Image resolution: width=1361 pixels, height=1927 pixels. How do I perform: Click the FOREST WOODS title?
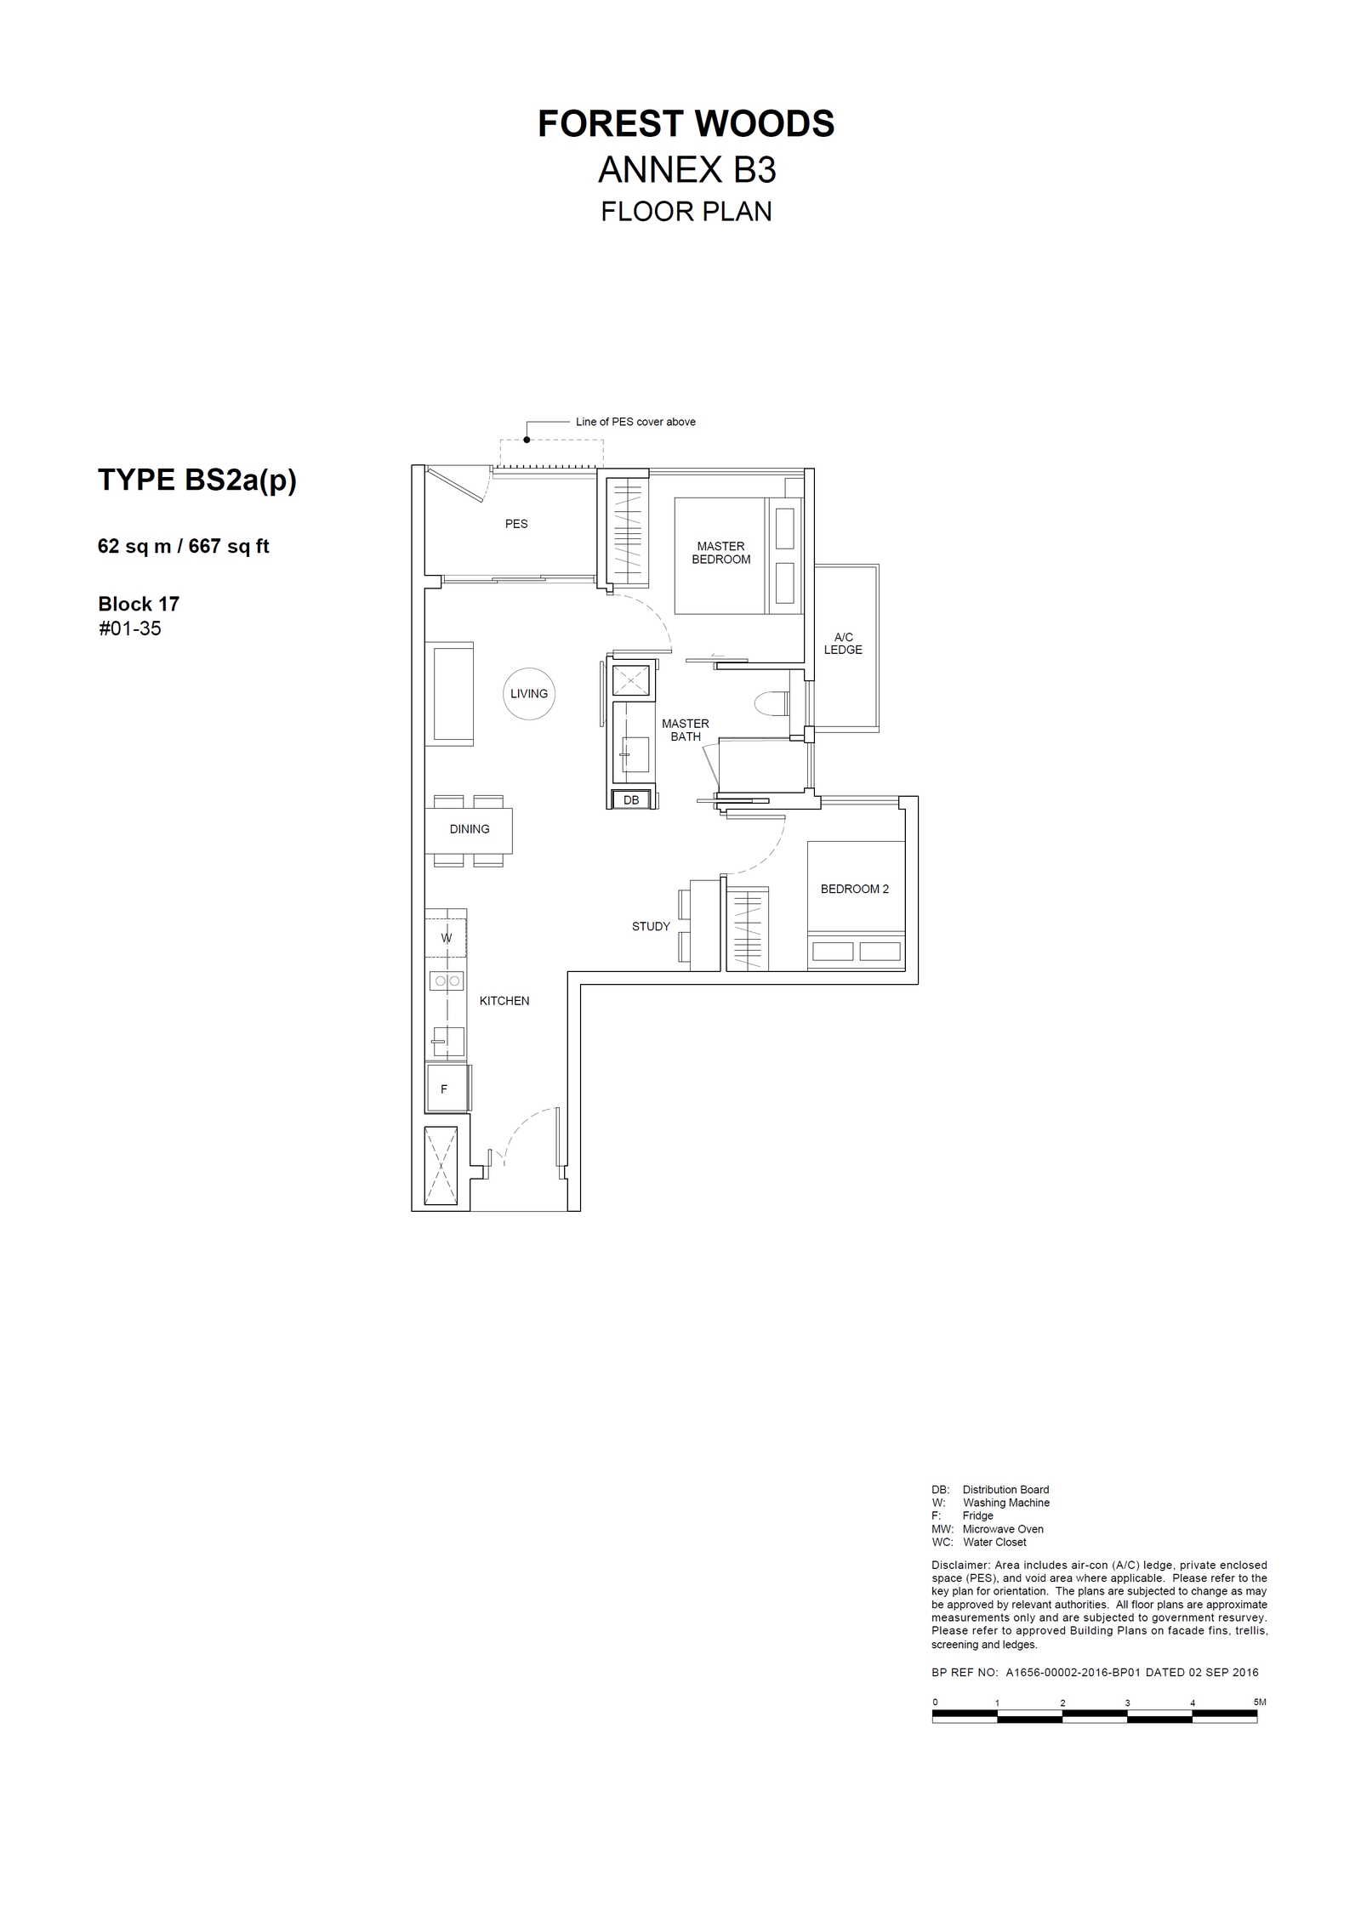coord(686,124)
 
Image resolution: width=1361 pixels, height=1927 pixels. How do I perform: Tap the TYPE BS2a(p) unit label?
coord(197,480)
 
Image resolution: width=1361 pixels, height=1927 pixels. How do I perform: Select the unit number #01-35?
coord(130,628)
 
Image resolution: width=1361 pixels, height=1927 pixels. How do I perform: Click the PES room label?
coord(516,524)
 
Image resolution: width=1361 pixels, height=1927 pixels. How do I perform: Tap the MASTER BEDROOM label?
coord(721,553)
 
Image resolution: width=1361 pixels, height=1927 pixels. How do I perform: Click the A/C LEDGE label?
coord(843,643)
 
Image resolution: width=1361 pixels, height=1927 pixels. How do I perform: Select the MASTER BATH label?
coord(686,730)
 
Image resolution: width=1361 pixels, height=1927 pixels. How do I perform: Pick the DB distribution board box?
coord(631,799)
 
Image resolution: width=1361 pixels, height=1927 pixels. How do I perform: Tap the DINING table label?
coord(470,829)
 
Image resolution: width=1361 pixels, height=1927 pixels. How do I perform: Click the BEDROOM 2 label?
coord(855,889)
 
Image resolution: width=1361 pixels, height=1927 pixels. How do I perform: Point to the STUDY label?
coord(651,926)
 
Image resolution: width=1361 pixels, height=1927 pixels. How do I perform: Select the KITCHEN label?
coord(504,1001)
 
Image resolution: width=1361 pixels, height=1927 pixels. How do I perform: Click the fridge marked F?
coord(447,1089)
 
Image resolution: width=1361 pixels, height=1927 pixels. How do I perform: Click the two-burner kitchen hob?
coord(447,981)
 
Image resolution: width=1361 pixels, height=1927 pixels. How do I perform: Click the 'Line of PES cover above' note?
coord(635,422)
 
